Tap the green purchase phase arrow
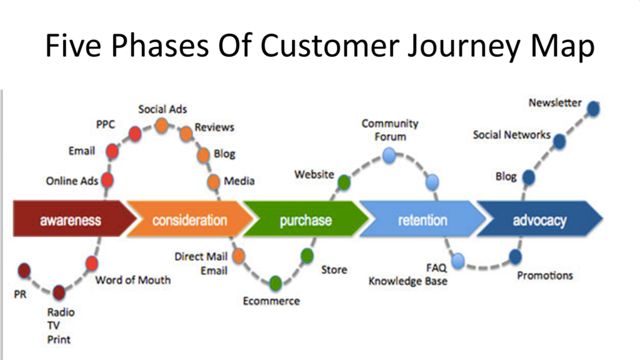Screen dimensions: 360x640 pos(306,220)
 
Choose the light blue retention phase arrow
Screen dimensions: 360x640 pos(422,220)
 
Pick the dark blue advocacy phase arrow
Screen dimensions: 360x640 pos(539,220)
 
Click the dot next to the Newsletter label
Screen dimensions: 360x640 pos(593,109)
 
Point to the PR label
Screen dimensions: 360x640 pos(20,294)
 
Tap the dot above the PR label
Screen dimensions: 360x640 pos(24,271)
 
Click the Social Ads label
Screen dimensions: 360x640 pos(162,109)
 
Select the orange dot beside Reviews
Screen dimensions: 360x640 pos(186,134)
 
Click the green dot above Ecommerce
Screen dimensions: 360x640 pos(276,284)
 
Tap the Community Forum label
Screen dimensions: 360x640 pos(390,130)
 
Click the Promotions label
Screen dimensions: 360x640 pos(544,276)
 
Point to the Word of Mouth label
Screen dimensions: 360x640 pos(132,280)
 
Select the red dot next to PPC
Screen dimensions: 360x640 pos(134,133)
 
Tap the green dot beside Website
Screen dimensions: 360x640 pos(344,182)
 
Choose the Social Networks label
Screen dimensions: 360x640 pos(511,135)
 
